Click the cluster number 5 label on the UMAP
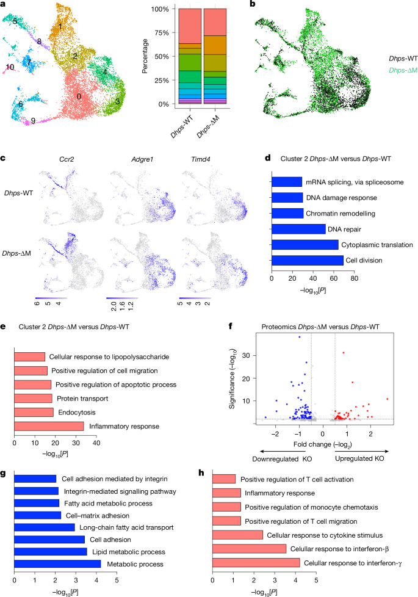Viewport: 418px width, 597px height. pos(15,21)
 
